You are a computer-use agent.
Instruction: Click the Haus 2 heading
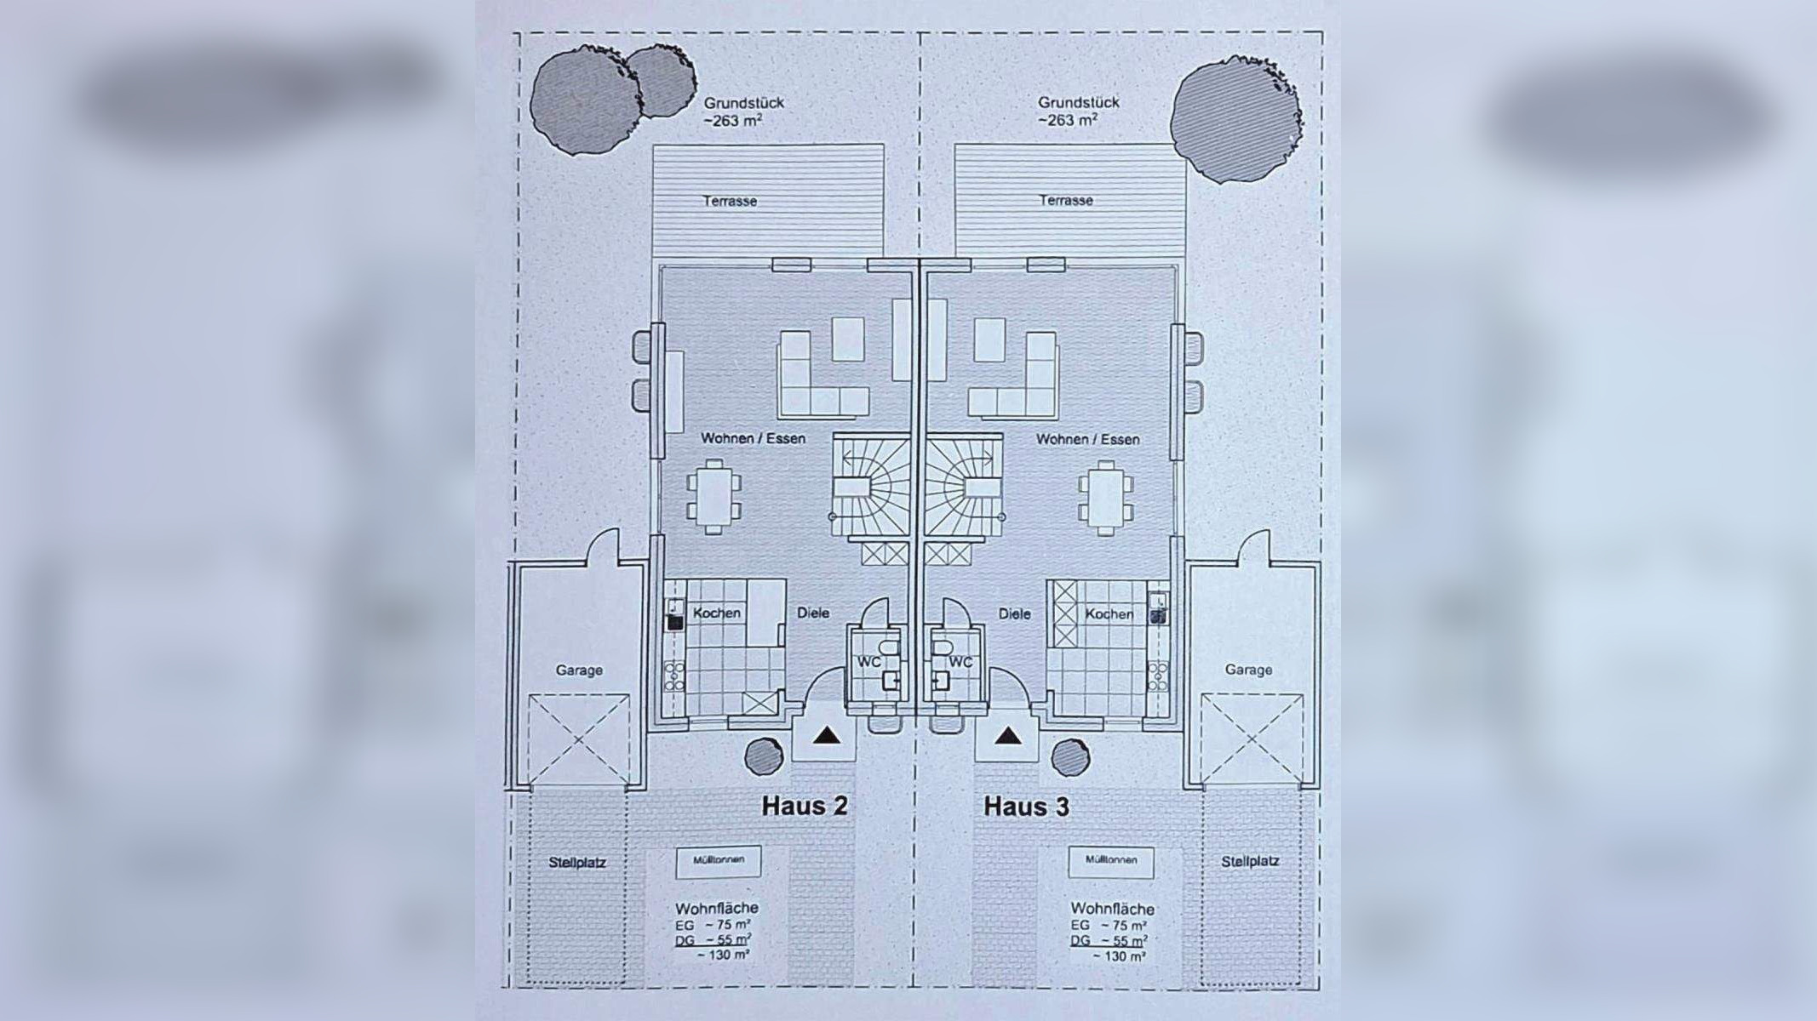(x=804, y=806)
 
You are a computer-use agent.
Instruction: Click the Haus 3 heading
(x=1026, y=806)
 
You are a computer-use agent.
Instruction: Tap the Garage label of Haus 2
(x=579, y=670)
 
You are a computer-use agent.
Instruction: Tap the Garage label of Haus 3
(x=1247, y=670)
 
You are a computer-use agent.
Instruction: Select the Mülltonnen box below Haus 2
(x=719, y=860)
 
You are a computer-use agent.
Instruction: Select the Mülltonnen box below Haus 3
(x=1111, y=860)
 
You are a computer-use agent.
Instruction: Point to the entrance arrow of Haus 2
(x=823, y=736)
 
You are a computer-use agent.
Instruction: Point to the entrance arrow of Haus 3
(x=1008, y=736)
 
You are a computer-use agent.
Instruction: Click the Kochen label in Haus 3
(x=1109, y=614)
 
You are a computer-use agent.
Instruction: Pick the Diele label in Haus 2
(x=812, y=613)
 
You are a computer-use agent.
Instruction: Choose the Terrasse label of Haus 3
(x=1065, y=201)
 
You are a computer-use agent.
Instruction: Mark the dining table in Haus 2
(x=714, y=497)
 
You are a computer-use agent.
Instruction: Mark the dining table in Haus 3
(x=1105, y=497)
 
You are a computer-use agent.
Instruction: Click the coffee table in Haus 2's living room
(x=848, y=339)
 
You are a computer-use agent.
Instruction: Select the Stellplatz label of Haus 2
(x=577, y=863)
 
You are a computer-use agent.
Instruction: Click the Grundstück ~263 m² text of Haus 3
(x=1079, y=111)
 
